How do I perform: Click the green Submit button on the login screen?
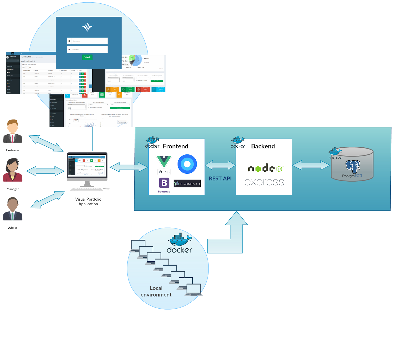point(87,57)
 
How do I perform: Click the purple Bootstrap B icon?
point(164,183)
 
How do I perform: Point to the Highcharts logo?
point(187,184)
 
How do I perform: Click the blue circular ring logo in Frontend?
point(187,164)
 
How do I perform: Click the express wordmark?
point(264,182)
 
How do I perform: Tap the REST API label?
point(220,178)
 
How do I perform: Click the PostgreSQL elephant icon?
point(353,166)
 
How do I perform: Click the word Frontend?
point(175,146)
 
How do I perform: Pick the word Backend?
point(263,146)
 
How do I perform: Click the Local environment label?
point(156,291)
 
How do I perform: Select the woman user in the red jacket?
point(13,170)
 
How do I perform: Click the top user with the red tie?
point(13,131)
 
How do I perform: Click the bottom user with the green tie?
point(13,209)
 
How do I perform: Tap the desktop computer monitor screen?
point(87,165)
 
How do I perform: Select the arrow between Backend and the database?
point(311,165)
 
